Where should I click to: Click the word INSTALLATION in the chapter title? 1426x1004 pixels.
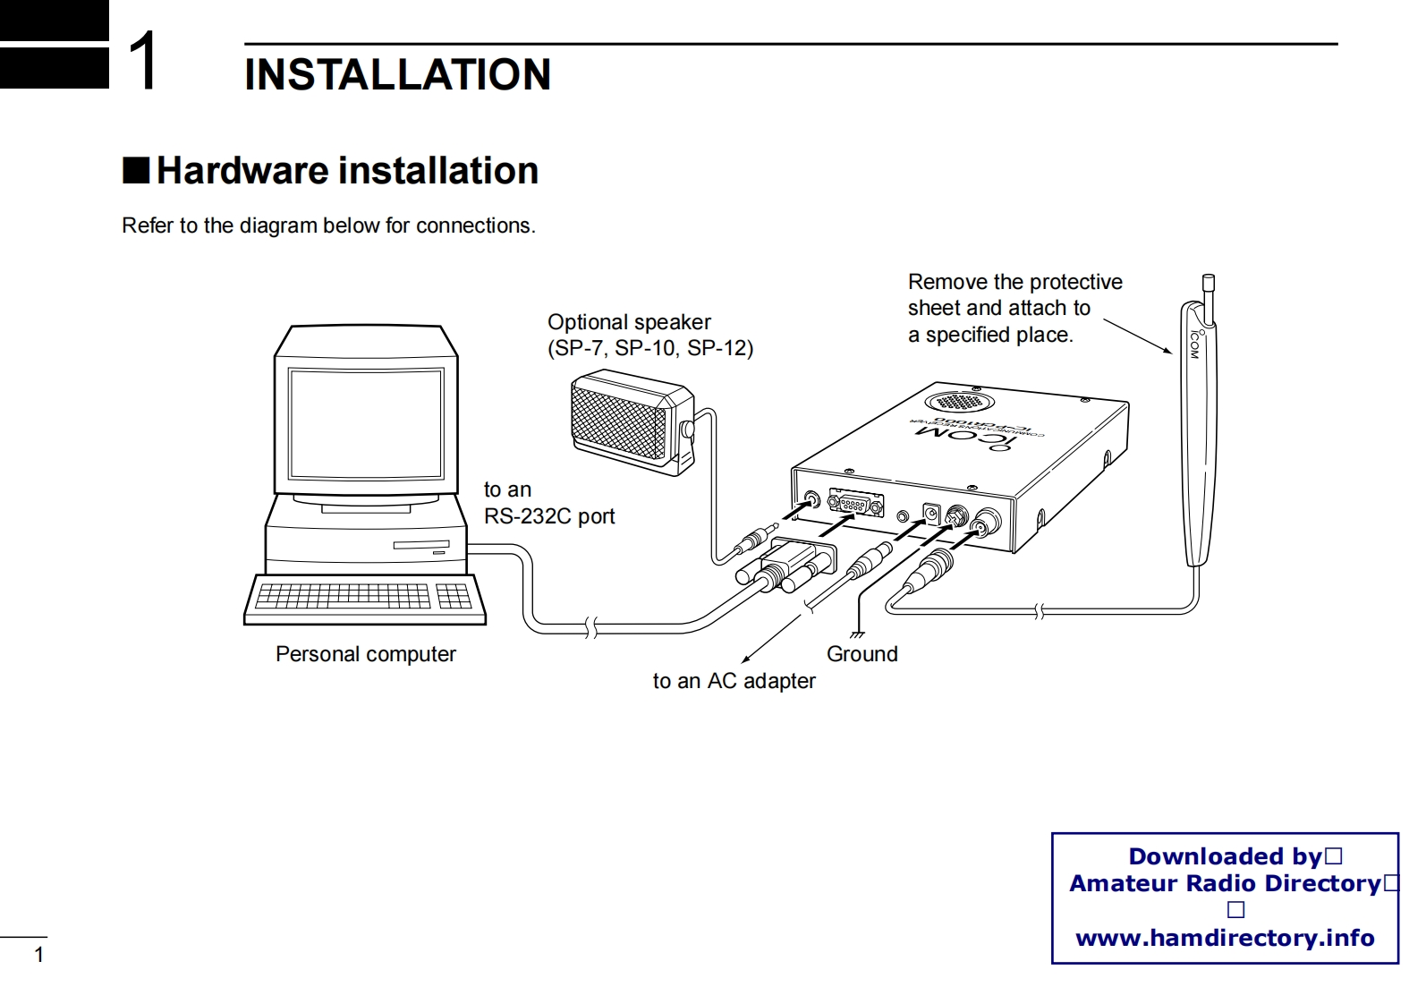[x=397, y=74]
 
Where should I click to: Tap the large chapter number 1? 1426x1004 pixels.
[x=144, y=61]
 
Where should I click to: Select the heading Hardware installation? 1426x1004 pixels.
[x=347, y=170]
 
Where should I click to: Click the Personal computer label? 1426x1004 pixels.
[x=365, y=654]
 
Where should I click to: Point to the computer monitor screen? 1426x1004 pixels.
[x=365, y=423]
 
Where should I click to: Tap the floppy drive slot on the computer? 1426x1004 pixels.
[x=420, y=545]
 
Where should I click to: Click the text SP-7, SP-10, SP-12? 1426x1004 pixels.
[x=650, y=348]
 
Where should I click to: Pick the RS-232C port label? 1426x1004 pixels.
[x=548, y=516]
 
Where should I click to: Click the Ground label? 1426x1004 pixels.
[x=862, y=654]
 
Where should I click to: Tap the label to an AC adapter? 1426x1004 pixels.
[x=734, y=681]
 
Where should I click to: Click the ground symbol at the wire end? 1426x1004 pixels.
[x=857, y=634]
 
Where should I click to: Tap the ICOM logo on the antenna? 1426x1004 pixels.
[x=1194, y=345]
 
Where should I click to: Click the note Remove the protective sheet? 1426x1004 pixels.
[x=1014, y=308]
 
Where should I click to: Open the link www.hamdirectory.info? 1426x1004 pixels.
[x=1224, y=938]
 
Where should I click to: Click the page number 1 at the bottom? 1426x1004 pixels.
[x=38, y=955]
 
